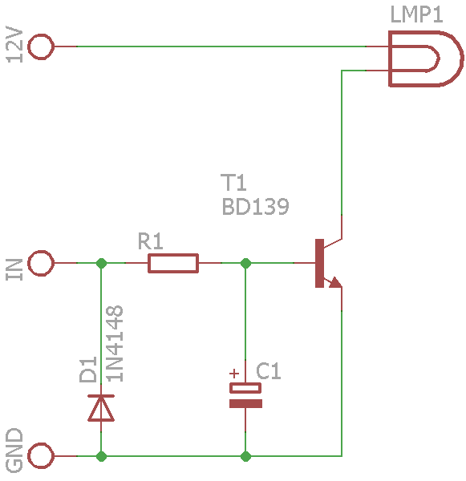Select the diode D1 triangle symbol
[x=101, y=408]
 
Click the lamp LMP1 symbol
[x=390, y=59]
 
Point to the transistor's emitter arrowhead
[x=335, y=282]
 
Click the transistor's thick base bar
[x=319, y=263]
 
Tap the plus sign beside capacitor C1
[x=234, y=374]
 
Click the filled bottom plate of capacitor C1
[x=245, y=403]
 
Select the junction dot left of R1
[x=101, y=263]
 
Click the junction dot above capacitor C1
[x=245, y=263]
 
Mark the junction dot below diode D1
[x=101, y=456]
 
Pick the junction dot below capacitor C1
[x=245, y=456]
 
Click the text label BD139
[x=255, y=207]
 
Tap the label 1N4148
[x=115, y=344]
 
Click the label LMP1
[x=416, y=14]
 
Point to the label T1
[x=233, y=182]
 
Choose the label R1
[x=150, y=240]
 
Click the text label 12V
[x=14, y=45]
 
